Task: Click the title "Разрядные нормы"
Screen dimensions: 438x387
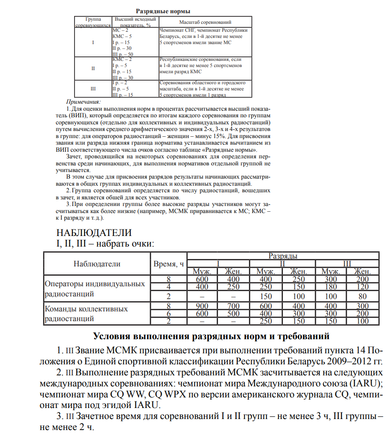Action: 163,10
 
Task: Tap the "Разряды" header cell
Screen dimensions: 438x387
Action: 283,256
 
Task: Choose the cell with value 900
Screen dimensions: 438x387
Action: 202,306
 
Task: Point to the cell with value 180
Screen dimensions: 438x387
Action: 331,287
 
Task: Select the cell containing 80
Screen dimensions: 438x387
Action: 362,296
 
